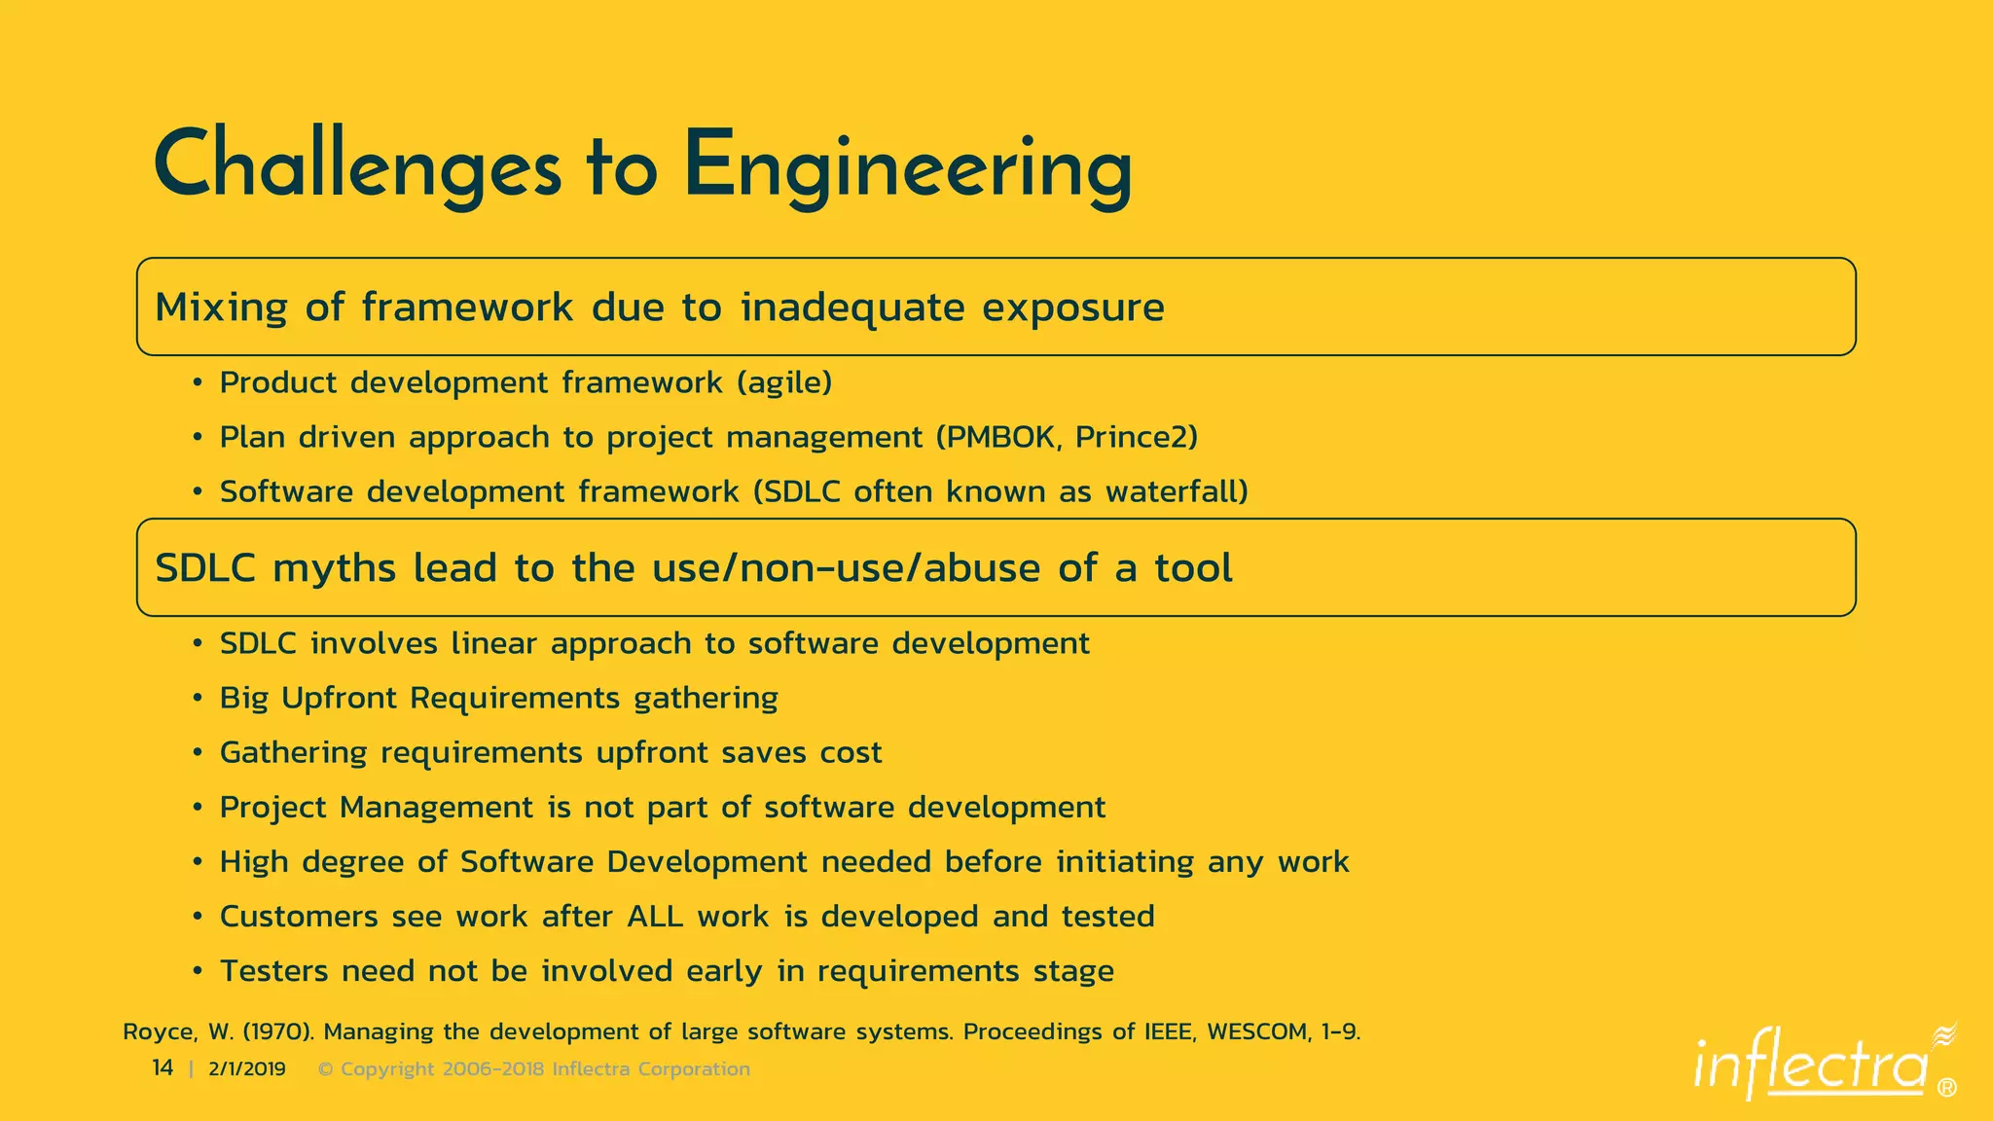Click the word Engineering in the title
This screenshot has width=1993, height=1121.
click(x=907, y=167)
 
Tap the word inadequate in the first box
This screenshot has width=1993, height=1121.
click(x=852, y=307)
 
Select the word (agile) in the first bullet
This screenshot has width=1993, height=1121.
click(x=784, y=382)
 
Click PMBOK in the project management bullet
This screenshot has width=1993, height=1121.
click(x=996, y=437)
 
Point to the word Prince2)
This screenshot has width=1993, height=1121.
click(x=1136, y=437)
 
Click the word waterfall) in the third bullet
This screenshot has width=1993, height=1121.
click(x=1177, y=491)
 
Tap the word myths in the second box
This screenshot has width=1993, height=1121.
click(x=334, y=568)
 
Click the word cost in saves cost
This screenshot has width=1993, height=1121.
click(x=851, y=752)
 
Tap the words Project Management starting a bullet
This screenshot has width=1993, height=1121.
click(x=376, y=808)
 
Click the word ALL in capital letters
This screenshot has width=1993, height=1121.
click(x=655, y=917)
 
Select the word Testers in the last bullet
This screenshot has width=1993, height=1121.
click(x=273, y=971)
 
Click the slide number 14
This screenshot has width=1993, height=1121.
click(x=163, y=1068)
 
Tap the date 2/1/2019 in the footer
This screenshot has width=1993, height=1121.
click(x=247, y=1069)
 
